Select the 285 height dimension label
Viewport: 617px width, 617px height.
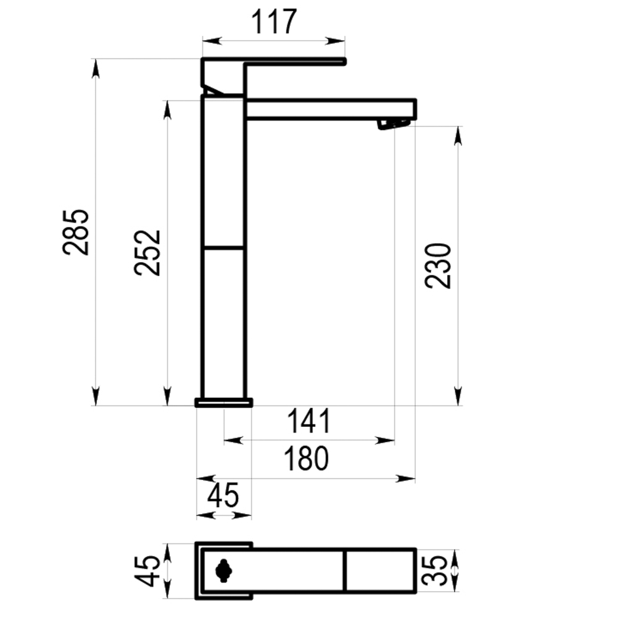(75, 233)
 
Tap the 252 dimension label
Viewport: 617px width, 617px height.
(147, 252)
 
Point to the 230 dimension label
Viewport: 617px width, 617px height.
(438, 266)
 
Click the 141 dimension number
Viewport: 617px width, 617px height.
(309, 421)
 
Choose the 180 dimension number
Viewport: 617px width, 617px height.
(306, 458)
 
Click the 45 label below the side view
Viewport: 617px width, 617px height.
(223, 495)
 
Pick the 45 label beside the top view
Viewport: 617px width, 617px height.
(147, 571)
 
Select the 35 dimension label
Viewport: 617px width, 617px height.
(434, 571)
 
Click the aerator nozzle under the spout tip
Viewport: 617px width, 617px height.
(394, 124)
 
